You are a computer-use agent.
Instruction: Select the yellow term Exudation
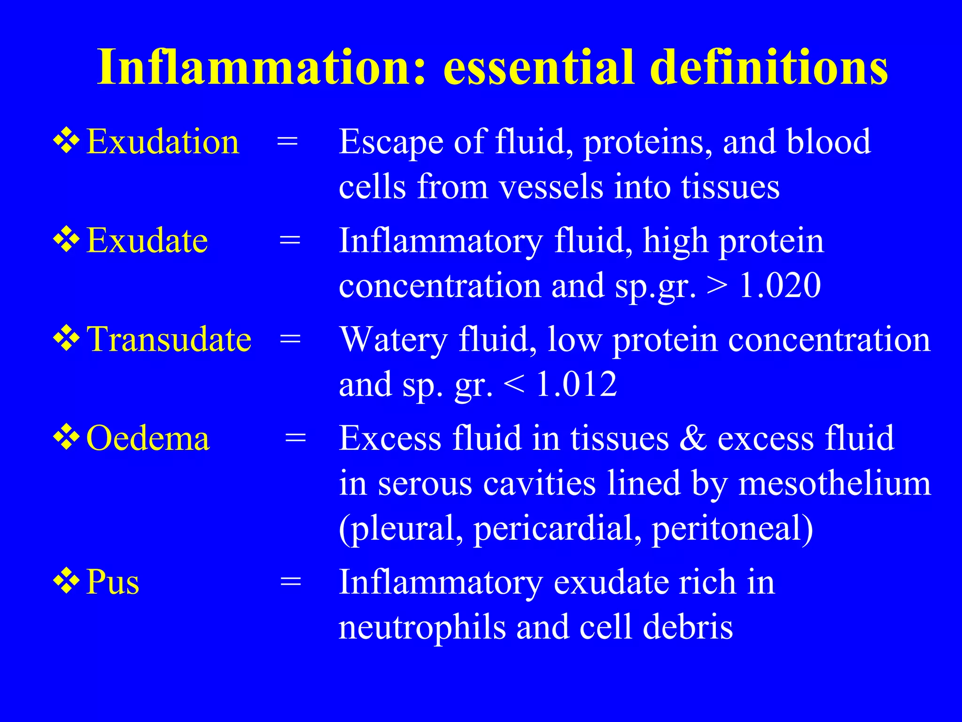pos(163,142)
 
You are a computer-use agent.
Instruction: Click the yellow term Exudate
pos(147,241)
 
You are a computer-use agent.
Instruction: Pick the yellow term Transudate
pos(169,339)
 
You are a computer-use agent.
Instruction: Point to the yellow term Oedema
pos(147,439)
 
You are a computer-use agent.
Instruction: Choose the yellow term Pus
pos(113,582)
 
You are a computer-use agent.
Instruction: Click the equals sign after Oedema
pos(295,439)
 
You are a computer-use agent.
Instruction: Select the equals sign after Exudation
pos(287,141)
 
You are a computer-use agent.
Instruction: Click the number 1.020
pos(780,285)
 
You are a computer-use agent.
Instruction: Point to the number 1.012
pos(576,385)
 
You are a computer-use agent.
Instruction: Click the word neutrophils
pos(422,628)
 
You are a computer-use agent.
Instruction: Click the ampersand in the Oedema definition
pos(693,439)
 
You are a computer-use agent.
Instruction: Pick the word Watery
pos(393,339)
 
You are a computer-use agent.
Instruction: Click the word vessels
pos(551,187)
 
